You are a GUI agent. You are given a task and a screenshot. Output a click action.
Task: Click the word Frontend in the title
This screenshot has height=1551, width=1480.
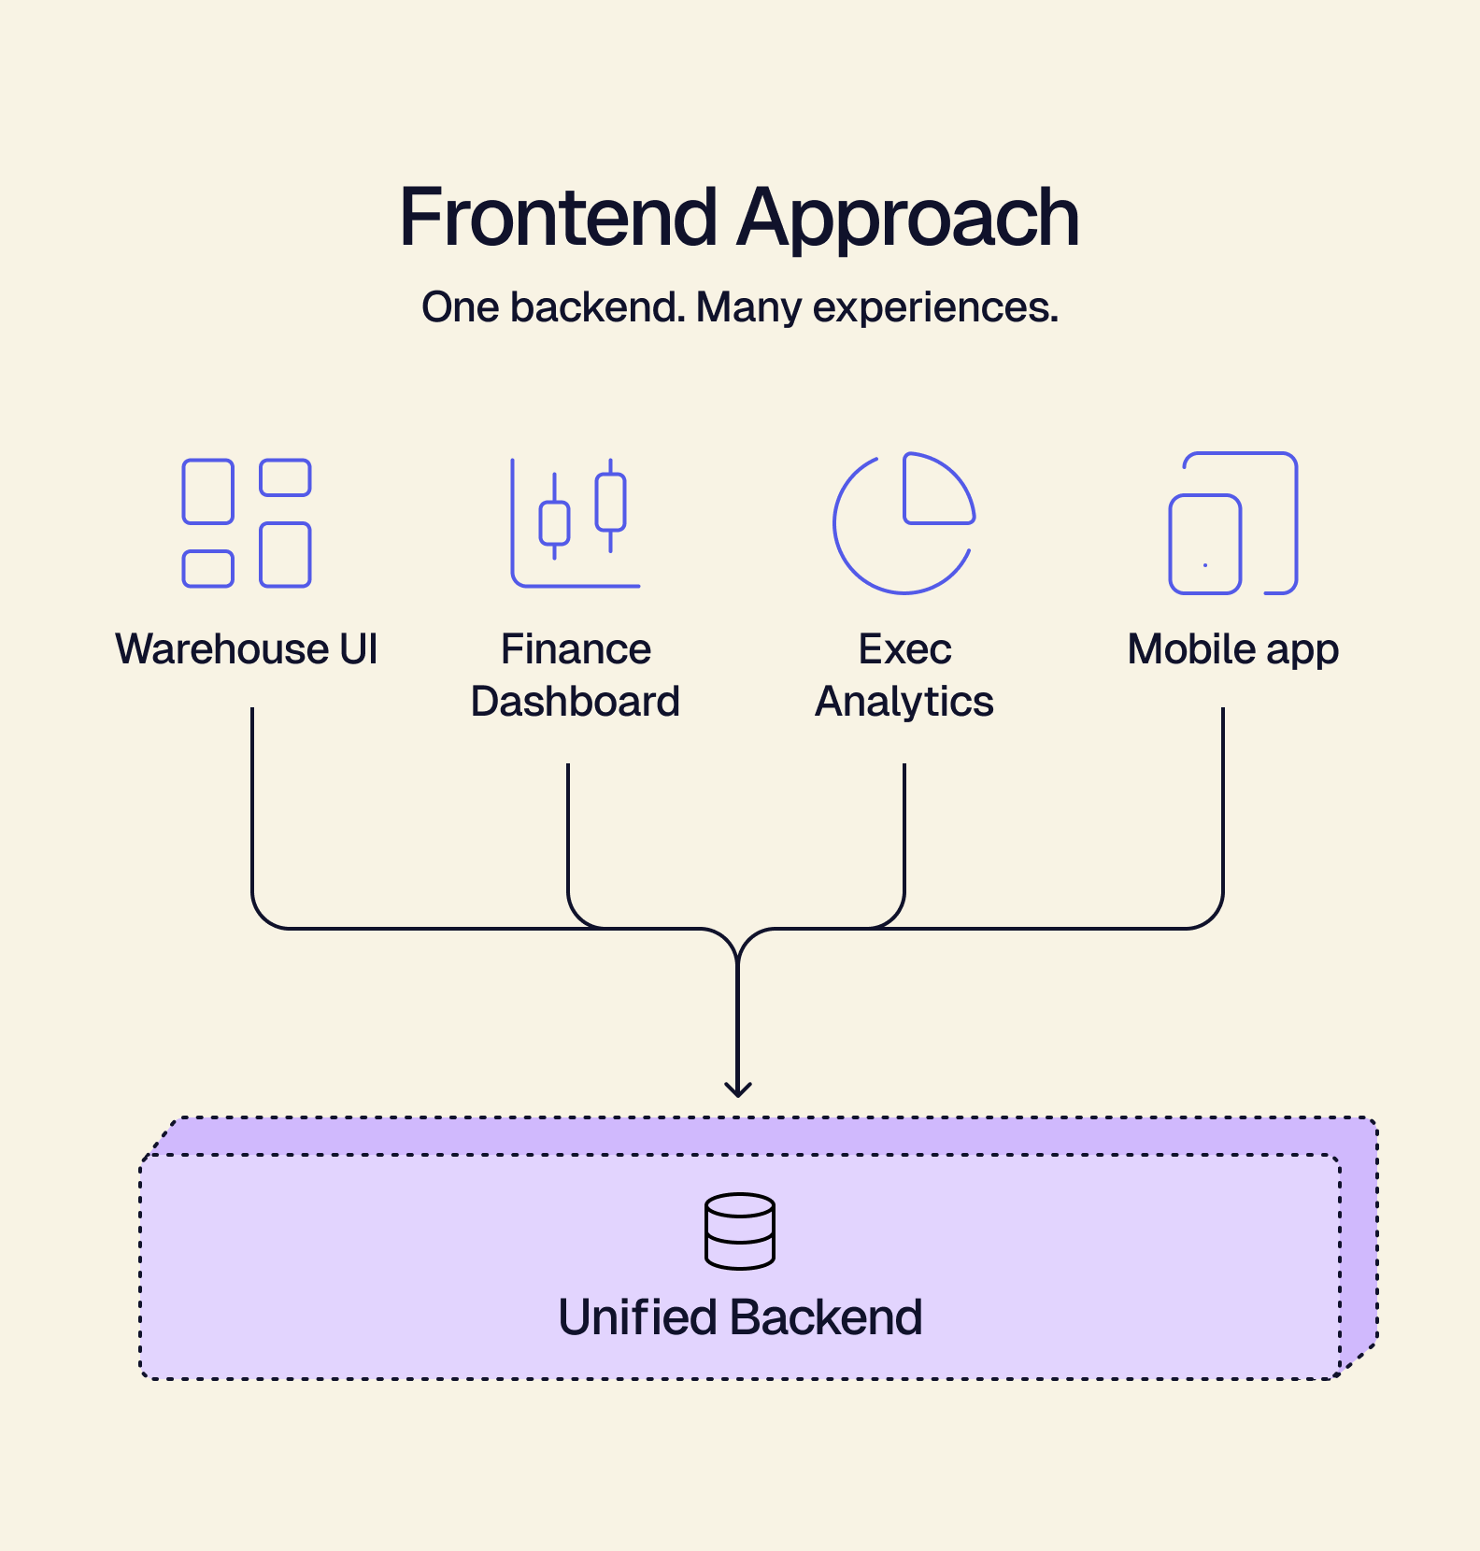(x=558, y=218)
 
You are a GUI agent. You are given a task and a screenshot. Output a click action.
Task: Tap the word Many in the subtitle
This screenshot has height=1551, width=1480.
(x=748, y=307)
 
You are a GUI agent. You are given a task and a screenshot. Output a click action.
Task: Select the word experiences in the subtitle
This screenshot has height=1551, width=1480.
(x=935, y=308)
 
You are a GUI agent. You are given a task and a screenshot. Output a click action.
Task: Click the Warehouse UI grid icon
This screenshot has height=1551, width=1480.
(x=247, y=523)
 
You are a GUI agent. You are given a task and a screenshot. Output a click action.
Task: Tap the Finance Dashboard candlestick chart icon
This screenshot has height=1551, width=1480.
(x=576, y=523)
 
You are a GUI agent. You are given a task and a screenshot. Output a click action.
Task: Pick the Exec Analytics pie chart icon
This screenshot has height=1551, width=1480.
(x=904, y=523)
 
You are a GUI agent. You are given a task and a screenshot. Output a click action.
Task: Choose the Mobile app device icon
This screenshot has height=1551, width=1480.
(x=1233, y=523)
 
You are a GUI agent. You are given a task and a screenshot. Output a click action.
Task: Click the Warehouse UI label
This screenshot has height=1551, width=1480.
(x=247, y=649)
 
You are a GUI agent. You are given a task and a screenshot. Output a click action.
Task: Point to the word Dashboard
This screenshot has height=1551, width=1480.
(x=576, y=702)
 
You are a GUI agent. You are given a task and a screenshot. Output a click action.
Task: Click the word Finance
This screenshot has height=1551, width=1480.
(x=576, y=649)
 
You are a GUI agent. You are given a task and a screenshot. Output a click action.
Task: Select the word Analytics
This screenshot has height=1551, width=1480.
(x=904, y=702)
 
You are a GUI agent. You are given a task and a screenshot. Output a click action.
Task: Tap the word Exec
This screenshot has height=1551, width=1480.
(x=904, y=649)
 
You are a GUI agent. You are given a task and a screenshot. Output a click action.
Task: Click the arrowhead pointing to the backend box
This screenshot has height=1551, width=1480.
(x=738, y=1089)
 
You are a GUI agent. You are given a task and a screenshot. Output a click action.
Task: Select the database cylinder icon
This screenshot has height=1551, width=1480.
(x=740, y=1231)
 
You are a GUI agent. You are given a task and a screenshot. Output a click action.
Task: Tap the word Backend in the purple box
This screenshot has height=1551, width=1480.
(x=826, y=1317)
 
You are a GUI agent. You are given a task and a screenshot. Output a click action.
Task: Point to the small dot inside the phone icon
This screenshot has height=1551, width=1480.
(x=1205, y=565)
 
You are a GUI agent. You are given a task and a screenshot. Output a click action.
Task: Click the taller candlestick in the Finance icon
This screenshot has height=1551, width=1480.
(x=611, y=504)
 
